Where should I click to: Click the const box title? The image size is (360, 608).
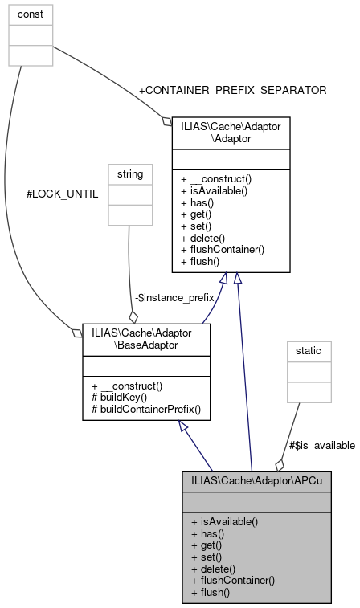tap(31, 14)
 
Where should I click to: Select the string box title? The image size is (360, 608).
tap(129, 173)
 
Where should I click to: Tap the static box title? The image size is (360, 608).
tap(309, 352)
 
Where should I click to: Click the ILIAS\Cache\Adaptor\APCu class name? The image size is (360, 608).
tap(256, 482)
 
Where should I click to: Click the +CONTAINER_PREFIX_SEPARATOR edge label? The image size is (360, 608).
tap(232, 91)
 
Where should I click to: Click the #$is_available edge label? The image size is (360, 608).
tap(321, 446)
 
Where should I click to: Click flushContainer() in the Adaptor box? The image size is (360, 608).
tap(223, 250)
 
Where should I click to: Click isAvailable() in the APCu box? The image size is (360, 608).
tap(224, 520)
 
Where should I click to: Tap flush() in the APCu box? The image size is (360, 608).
tap(211, 592)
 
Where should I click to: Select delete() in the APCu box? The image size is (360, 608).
tap(214, 568)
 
